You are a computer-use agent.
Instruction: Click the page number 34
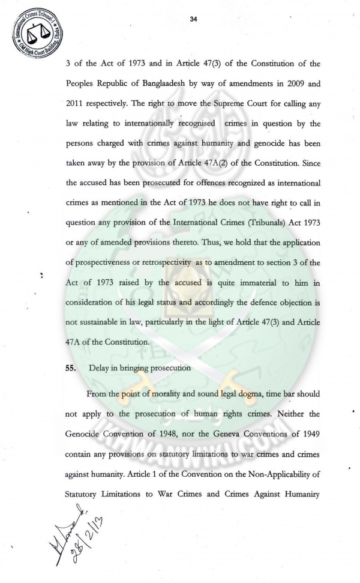click(x=193, y=19)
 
